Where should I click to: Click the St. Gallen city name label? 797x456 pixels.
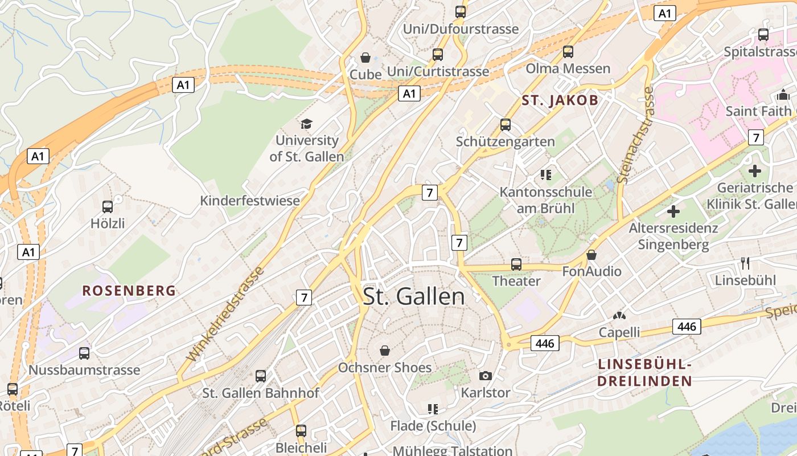coord(414,296)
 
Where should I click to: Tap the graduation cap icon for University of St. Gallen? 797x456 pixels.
coord(307,124)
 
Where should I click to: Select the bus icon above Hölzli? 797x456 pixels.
coord(108,207)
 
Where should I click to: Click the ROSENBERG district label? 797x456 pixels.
coord(129,291)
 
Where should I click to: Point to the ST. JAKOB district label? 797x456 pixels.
coord(560,101)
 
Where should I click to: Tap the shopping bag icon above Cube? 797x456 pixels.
coord(365,58)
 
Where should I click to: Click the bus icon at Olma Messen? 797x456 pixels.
coord(568,52)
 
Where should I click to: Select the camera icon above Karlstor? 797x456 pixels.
coord(485,376)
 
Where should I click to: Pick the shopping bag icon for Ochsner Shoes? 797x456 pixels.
coord(385,350)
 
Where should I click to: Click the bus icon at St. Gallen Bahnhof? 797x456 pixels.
coord(261,376)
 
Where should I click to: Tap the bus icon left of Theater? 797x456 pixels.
coord(516,264)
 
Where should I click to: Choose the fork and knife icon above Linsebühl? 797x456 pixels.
coord(745,263)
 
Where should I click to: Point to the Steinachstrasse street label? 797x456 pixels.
coord(634,135)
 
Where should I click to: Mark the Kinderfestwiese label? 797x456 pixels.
coord(250,201)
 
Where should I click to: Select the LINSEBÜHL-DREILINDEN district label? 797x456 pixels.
coord(645,373)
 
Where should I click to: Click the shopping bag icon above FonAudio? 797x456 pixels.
coord(591,255)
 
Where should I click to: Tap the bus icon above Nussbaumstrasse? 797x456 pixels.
coord(84,353)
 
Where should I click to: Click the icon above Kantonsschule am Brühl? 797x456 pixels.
coord(546,175)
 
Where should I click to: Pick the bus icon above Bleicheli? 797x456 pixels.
coord(301,431)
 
